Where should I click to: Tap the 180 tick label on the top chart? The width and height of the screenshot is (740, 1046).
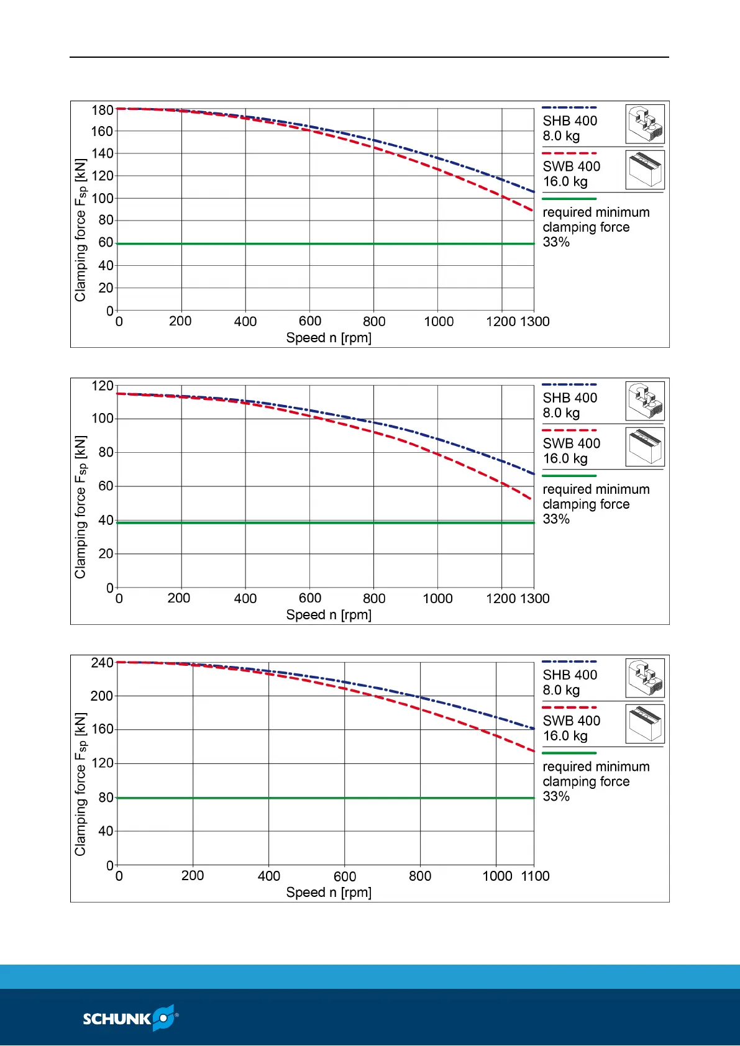[103, 111]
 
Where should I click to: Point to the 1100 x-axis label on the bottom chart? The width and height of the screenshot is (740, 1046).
[535, 876]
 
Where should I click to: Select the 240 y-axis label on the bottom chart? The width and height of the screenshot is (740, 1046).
[103, 663]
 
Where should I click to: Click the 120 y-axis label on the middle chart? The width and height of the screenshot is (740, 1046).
[103, 386]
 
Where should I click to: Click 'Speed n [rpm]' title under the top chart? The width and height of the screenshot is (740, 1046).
[329, 338]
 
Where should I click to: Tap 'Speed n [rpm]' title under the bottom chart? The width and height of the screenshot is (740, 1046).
[329, 893]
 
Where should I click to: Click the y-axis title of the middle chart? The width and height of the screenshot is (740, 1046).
[81, 507]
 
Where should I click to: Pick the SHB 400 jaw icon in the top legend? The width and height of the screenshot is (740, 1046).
[645, 124]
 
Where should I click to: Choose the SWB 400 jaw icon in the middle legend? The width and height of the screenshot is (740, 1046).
[645, 447]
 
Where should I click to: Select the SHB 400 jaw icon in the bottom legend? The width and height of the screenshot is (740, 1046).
[645, 678]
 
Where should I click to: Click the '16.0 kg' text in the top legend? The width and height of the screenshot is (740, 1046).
[565, 182]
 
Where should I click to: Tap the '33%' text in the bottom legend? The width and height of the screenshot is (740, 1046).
[556, 796]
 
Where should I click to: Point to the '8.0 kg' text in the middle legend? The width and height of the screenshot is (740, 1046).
[561, 413]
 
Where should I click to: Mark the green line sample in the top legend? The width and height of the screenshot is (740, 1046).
[569, 199]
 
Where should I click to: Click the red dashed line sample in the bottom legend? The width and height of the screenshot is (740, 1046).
[569, 707]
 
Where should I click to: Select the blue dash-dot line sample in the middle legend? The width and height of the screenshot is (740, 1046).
[569, 384]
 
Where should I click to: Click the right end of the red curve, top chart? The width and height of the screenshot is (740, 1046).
[532, 210]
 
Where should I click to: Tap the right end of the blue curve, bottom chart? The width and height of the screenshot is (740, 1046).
[533, 728]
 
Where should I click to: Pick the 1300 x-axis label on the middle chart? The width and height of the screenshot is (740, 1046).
[535, 599]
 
